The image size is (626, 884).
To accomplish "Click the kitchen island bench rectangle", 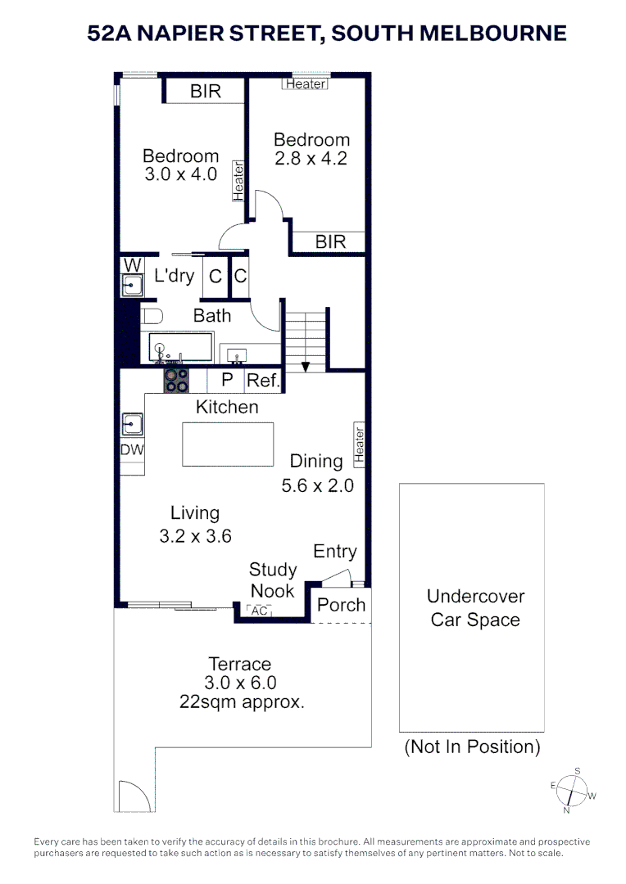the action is point(228,444).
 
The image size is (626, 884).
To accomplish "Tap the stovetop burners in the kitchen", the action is point(176,381).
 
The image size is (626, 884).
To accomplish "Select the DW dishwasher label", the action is point(132,450).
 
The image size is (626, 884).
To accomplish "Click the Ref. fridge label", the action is point(263,381).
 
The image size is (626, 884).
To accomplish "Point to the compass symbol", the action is point(573,791).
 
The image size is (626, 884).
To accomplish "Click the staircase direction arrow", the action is point(306,367).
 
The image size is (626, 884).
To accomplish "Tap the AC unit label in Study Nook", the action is point(259,611).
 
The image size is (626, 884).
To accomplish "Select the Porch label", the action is point(341,605).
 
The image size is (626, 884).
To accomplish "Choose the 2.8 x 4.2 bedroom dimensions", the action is point(311,159).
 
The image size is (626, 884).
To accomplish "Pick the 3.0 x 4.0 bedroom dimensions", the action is point(180,174).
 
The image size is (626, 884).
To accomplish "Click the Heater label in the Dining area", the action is point(359,444).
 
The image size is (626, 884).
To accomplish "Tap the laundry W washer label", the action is point(133,265).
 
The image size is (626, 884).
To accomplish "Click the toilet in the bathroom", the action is point(152,316).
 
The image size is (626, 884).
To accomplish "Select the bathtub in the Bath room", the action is point(180,347).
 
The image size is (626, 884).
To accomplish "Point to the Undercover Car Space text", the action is point(475,607).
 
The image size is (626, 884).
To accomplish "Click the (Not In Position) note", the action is point(473,746).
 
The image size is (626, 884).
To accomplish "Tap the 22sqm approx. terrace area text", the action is point(242,702).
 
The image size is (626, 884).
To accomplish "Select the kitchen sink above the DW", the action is point(132,424).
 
